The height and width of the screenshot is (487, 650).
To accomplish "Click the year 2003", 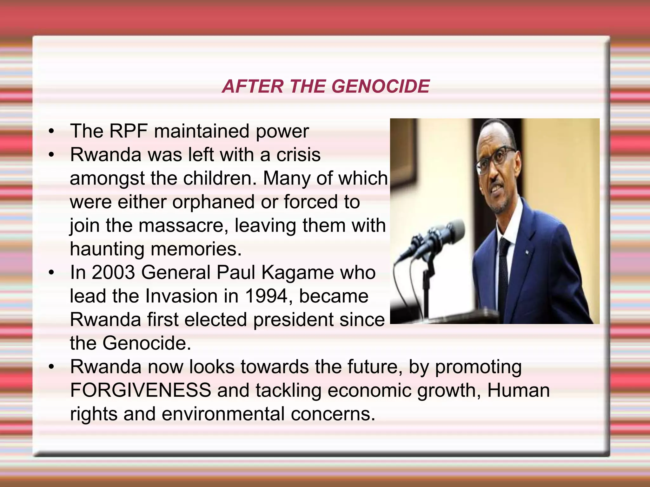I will point(113,272).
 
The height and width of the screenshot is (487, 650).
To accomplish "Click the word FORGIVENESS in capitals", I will point(141,390).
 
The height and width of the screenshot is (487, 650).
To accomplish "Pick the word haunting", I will point(107,249).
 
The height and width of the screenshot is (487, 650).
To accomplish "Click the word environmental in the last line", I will point(223,414).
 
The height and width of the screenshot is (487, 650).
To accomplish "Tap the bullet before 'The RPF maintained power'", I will point(51,132).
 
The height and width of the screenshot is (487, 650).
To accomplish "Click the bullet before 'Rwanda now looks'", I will point(51,367).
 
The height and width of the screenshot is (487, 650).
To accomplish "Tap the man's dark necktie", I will point(504,266).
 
